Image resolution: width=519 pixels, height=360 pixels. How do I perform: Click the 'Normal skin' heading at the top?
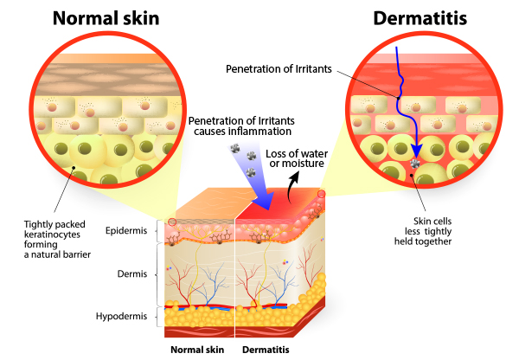(106, 18)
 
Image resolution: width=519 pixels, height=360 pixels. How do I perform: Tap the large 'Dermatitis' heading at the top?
(420, 18)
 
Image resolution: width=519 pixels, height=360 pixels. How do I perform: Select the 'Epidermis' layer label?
(126, 230)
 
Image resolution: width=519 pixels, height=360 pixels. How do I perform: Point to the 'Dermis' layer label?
(132, 273)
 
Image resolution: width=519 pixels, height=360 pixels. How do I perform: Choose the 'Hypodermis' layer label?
(121, 316)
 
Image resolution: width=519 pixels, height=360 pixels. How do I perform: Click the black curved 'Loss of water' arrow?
(292, 187)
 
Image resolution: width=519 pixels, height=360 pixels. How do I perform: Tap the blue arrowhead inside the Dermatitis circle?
(417, 151)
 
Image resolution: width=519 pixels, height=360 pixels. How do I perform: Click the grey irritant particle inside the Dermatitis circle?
(415, 164)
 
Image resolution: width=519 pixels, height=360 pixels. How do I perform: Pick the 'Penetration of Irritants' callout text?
(279, 69)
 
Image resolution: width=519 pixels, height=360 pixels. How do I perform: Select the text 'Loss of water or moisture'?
(297, 158)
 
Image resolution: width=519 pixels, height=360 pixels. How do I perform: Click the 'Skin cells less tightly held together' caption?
(423, 231)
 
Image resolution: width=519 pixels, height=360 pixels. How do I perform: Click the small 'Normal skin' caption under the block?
(197, 350)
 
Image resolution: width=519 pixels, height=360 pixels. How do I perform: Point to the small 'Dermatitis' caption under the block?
(266, 350)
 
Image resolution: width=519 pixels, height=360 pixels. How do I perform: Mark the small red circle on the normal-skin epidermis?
(172, 222)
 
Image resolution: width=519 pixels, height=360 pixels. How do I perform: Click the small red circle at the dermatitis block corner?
(322, 194)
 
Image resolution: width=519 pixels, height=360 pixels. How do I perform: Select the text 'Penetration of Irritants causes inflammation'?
(241, 126)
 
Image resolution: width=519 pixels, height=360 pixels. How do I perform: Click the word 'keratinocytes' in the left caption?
(52, 235)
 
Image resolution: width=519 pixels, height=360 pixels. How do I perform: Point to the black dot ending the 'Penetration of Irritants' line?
(399, 98)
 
